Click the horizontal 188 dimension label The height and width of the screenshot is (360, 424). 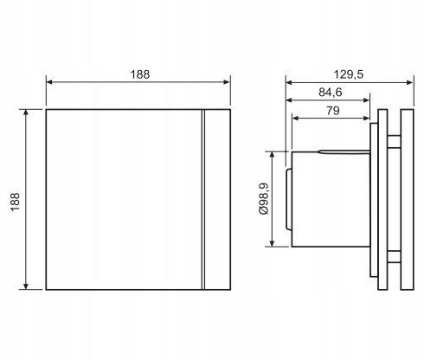(x=140, y=74)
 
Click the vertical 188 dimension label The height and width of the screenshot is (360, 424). (x=16, y=202)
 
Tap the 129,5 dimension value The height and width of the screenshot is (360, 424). (x=349, y=74)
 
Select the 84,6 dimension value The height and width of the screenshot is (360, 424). (x=331, y=93)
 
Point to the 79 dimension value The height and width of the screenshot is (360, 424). (x=333, y=111)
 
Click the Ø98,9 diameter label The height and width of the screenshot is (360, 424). (x=264, y=199)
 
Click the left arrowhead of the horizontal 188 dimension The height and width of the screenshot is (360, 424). (x=49, y=82)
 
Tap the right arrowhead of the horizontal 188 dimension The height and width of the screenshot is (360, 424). (x=227, y=82)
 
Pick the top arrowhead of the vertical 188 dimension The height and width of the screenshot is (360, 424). (x=26, y=112)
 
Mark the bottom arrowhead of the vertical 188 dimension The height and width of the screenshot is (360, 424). (x=26, y=286)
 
